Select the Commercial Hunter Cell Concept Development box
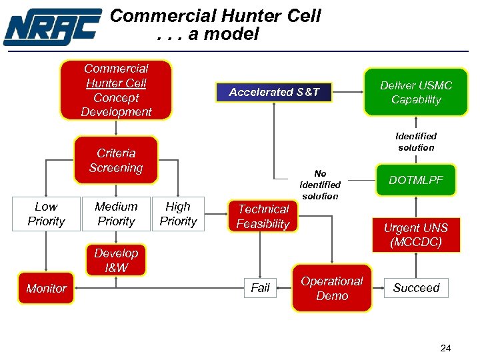tap(116, 90)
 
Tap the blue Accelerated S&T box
tap(274, 92)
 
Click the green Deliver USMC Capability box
tap(416, 92)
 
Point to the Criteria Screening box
tap(116, 161)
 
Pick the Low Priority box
tap(46, 214)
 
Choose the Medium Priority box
tap(116, 214)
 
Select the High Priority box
tap(178, 214)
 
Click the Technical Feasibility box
tap(263, 217)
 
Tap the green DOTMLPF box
tap(416, 180)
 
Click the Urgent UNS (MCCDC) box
tap(416, 235)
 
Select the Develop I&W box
tap(116, 261)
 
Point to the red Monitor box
tap(46, 288)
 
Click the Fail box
tap(260, 288)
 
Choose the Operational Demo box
tap(332, 289)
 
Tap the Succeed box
tap(416, 288)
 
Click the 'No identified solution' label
tap(320, 185)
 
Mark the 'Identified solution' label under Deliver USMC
tap(416, 141)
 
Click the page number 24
tap(445, 347)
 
